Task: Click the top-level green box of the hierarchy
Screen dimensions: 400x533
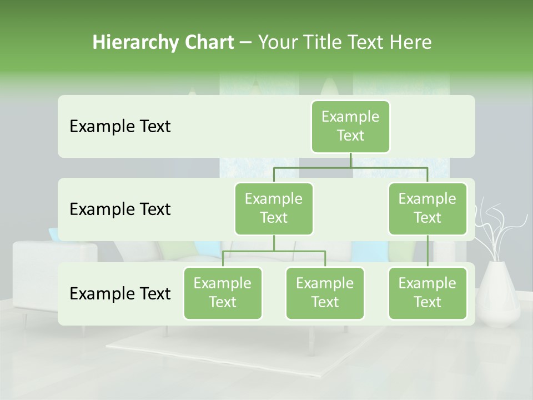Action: (350, 126)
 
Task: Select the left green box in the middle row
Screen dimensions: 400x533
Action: (274, 208)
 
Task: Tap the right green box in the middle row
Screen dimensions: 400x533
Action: (428, 208)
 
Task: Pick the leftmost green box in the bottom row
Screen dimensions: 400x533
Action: (223, 293)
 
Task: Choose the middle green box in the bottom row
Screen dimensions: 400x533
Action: (325, 293)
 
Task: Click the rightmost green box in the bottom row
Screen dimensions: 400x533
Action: (428, 293)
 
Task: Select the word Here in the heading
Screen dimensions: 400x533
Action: (411, 43)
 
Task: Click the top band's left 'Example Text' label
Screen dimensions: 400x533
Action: (120, 127)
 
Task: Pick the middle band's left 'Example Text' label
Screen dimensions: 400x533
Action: (120, 209)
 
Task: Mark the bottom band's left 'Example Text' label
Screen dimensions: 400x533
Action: (120, 293)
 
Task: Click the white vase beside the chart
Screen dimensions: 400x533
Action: (499, 292)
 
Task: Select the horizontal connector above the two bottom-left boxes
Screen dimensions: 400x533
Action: (274, 251)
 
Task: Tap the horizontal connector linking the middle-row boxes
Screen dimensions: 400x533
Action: (350, 167)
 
